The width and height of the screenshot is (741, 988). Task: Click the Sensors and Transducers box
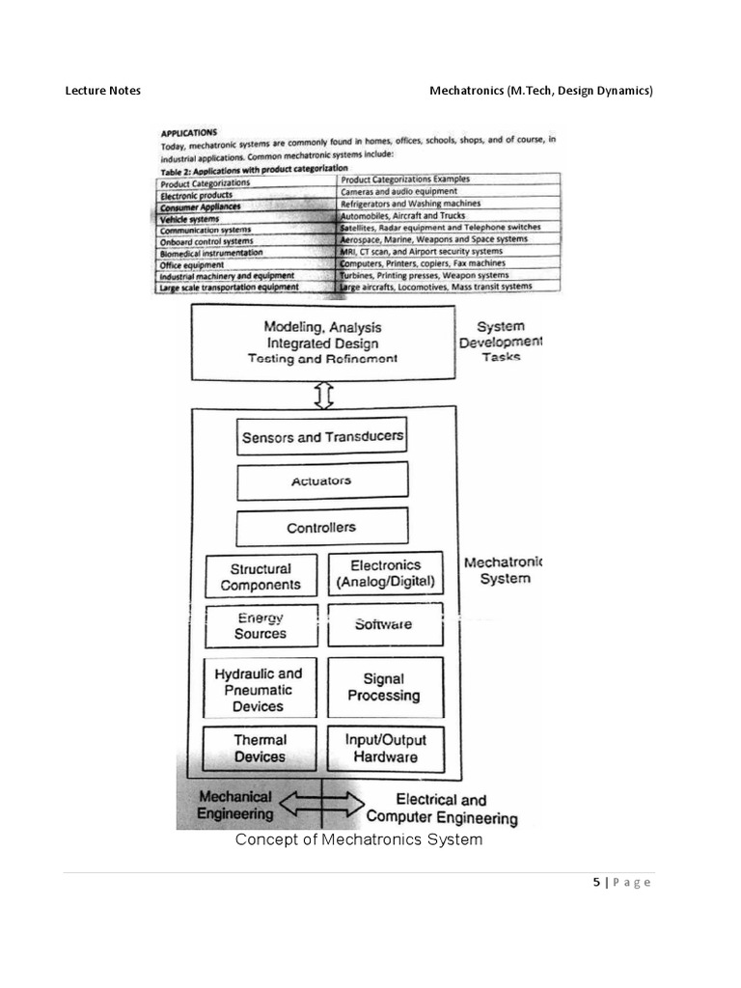click(x=321, y=436)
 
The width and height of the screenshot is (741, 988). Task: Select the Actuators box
click(x=321, y=480)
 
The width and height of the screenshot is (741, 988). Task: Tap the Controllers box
click(x=321, y=528)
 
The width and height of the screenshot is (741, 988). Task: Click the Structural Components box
click(x=261, y=576)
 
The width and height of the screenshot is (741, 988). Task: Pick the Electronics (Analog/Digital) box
click(x=386, y=574)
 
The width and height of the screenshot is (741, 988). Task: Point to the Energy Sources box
click(x=261, y=625)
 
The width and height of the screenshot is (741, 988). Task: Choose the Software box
click(x=384, y=624)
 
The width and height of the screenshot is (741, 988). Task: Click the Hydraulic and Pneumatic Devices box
click(x=260, y=689)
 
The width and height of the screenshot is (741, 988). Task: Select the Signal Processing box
click(x=385, y=687)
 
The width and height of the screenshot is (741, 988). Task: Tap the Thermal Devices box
click(x=261, y=749)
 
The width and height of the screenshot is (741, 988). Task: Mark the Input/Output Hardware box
click(x=385, y=749)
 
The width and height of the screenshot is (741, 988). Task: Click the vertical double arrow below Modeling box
click(x=324, y=394)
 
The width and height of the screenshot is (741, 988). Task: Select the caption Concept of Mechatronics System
click(x=359, y=839)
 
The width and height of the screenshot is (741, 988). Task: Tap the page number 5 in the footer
click(x=597, y=882)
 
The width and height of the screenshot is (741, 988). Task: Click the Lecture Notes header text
click(x=102, y=91)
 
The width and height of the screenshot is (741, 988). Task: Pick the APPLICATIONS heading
click(x=189, y=133)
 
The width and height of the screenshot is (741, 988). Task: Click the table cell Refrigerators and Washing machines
click(x=410, y=205)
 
